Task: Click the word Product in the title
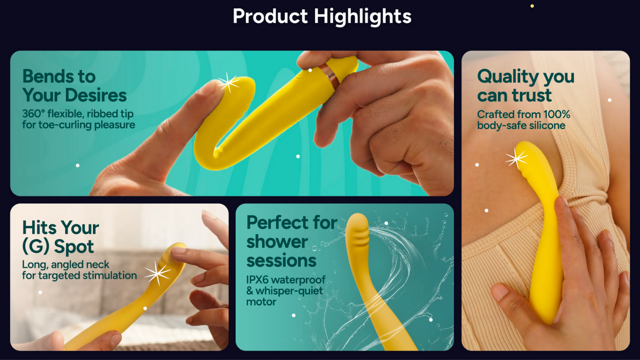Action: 270,16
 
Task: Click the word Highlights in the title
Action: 363,16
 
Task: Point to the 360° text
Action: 33,113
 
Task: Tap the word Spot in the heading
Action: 74,247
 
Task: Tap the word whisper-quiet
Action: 289,291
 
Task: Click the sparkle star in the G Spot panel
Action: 157,273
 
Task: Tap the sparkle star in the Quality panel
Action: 516,159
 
